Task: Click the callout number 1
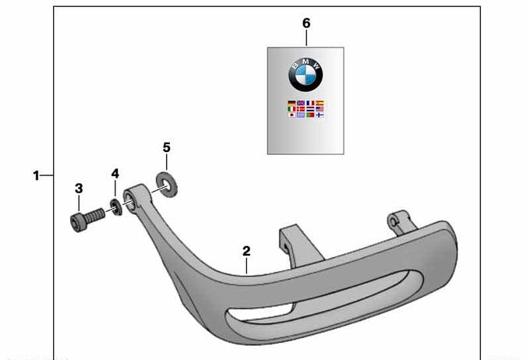tap(36, 176)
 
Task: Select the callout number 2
tap(246, 251)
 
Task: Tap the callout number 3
tap(79, 189)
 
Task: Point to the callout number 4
tap(115, 174)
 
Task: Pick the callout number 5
tap(167, 148)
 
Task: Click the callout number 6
tap(306, 23)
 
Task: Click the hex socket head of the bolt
tap(76, 222)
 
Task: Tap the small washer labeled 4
tap(116, 207)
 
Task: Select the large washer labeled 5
tap(166, 185)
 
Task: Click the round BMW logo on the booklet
tap(306, 75)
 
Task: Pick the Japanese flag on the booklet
tap(291, 115)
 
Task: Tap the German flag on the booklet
tap(291, 103)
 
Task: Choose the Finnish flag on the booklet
tap(320, 115)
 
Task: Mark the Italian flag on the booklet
tap(291, 109)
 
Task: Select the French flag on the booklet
tap(310, 103)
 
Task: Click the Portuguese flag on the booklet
tap(310, 115)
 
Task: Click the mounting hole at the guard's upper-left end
tap(130, 199)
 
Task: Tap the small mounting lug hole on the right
tap(393, 222)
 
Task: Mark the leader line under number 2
tap(246, 266)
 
